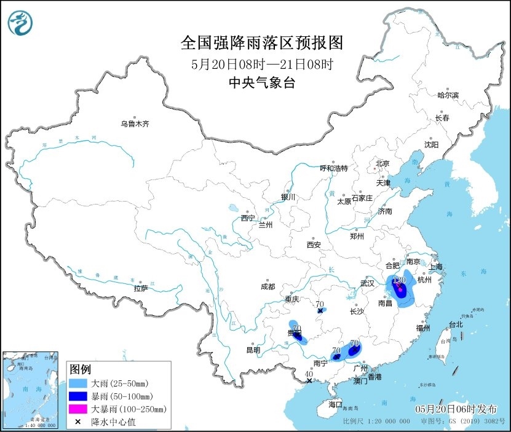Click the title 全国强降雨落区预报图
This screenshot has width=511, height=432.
(x=261, y=44)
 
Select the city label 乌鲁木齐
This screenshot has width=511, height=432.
(x=135, y=124)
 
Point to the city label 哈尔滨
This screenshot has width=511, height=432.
(x=448, y=95)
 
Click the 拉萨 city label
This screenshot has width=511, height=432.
(x=140, y=288)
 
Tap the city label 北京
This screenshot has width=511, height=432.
(x=382, y=163)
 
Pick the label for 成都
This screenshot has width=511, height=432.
(x=267, y=286)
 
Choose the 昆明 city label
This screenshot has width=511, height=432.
(x=253, y=350)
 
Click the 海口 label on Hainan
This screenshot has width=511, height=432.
(x=335, y=405)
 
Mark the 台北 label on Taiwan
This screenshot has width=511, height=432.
(x=455, y=324)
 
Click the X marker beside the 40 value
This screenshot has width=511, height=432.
(x=309, y=380)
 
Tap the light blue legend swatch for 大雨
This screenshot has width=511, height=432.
(x=79, y=383)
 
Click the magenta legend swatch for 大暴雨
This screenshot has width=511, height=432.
(x=79, y=409)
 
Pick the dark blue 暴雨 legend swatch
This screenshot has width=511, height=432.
(x=79, y=396)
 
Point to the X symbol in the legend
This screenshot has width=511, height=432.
(x=79, y=422)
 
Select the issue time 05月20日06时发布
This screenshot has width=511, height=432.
(x=458, y=409)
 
